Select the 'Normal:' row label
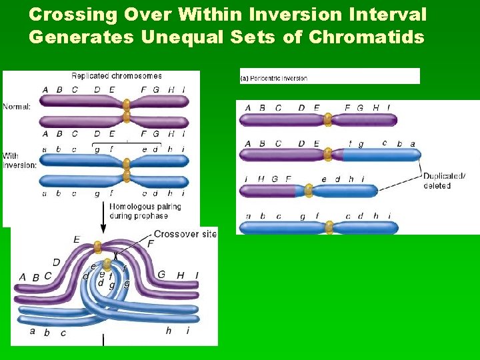click(x=17, y=106)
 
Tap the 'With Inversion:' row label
click(x=19, y=161)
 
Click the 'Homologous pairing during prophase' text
click(x=145, y=211)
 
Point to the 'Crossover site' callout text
click(x=185, y=234)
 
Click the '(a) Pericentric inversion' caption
click(x=275, y=78)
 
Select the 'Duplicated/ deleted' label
click(x=444, y=181)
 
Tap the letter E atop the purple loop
click(x=77, y=239)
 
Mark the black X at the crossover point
click(x=115, y=255)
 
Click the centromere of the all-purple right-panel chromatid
click(x=327, y=120)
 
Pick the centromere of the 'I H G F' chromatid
click(x=308, y=191)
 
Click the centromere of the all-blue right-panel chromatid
click(x=328, y=227)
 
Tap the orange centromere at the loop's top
click(x=99, y=246)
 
